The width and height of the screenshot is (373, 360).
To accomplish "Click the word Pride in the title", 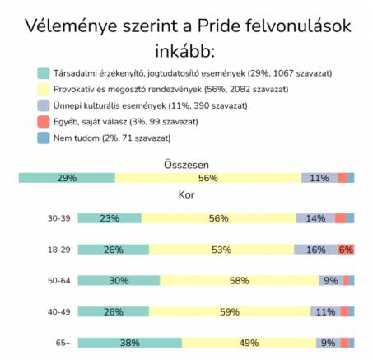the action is [219, 26].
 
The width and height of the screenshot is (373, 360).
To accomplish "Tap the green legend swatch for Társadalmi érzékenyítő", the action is [44, 73].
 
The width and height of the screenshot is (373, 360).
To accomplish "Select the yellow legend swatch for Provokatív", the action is [44, 90].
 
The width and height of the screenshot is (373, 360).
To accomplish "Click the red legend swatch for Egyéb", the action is [44, 122].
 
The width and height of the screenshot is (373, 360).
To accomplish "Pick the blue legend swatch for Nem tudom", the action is [44, 138].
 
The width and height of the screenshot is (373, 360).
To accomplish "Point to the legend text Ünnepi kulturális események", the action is [110, 105].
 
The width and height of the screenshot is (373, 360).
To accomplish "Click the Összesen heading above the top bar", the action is [186, 165].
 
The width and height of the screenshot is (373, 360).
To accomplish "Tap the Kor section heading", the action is [186, 194].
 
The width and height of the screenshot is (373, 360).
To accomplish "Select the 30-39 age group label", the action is [59, 218].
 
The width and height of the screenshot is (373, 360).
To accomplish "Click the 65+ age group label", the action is [63, 343].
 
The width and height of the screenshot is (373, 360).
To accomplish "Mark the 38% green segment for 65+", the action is [130, 343].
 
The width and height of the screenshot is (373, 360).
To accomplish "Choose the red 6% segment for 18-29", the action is [346, 250].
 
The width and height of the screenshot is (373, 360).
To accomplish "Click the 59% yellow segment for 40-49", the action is [230, 311].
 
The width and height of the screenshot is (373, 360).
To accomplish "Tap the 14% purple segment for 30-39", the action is [315, 218].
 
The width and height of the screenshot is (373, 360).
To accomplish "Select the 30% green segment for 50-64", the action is [119, 280].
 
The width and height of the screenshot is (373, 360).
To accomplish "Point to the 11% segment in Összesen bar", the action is [319, 178].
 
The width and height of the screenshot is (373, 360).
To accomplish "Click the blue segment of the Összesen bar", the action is [351, 178].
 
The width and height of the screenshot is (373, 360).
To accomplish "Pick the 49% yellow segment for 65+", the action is [249, 343].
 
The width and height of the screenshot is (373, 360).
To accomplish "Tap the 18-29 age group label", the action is [59, 250].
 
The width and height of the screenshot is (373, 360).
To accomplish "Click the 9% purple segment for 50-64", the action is [331, 280].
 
